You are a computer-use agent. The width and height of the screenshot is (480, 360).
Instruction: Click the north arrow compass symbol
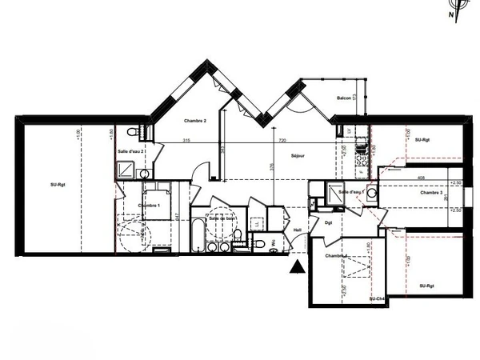454,10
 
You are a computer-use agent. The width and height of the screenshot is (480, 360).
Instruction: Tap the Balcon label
344,98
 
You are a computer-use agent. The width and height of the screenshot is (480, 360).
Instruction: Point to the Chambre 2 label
195,121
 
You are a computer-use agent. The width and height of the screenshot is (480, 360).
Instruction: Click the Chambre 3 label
431,193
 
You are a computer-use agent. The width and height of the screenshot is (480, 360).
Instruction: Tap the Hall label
298,230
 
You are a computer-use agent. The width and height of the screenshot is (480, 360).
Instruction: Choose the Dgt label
328,223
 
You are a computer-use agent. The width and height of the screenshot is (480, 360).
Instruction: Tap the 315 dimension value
186,141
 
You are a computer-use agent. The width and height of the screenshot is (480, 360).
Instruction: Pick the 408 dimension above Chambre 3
421,178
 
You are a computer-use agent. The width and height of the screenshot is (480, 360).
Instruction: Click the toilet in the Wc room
261,243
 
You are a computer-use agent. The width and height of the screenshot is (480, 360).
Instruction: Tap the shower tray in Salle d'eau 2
126,168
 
